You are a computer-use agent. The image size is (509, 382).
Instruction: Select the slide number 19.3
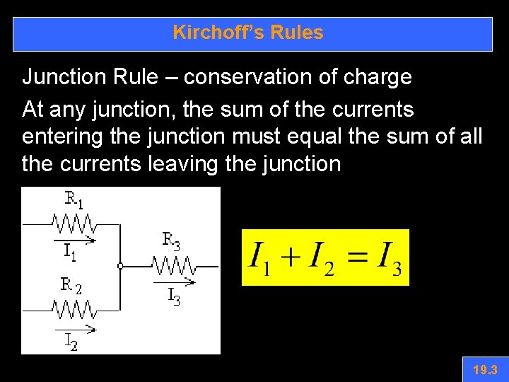click(485, 370)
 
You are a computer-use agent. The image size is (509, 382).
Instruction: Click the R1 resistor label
click(74, 201)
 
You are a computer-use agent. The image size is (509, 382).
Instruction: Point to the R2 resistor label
click(71, 286)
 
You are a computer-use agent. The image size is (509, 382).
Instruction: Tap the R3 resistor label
click(172, 241)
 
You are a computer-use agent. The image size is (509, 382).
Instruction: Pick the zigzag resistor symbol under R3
click(174, 267)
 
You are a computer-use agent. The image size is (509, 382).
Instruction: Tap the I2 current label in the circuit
click(71, 342)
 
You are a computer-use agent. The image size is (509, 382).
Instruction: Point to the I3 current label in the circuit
click(173, 296)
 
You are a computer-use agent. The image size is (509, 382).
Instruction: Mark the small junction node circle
click(121, 267)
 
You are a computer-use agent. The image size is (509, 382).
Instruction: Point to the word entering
click(57, 134)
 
